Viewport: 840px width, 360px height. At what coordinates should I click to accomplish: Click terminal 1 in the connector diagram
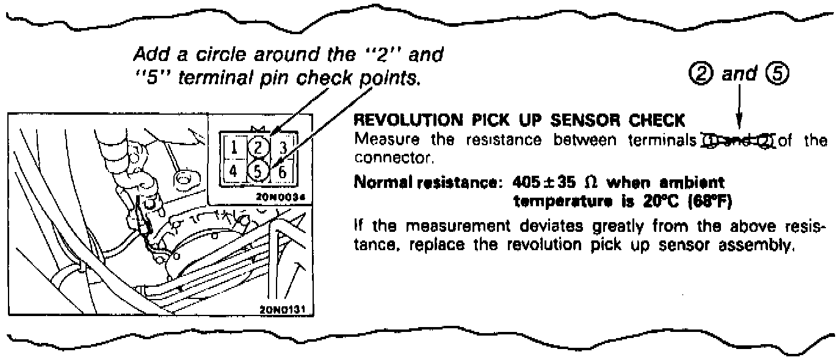point(234,148)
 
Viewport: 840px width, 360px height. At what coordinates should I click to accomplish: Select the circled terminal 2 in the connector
point(258,148)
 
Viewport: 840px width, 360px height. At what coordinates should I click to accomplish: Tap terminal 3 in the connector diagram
point(281,148)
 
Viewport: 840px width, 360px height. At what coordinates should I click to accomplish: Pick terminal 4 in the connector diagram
point(234,171)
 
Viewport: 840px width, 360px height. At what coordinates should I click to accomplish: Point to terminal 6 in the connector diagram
point(281,172)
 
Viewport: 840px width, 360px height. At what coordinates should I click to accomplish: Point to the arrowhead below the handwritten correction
point(739,128)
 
